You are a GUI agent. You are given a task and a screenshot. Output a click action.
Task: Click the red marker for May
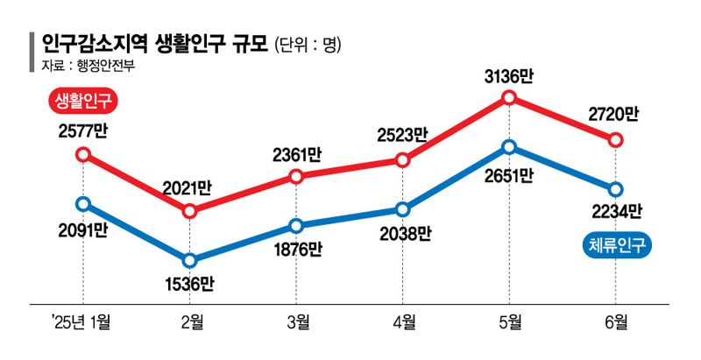[x=509, y=98]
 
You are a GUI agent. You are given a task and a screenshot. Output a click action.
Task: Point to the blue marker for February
[x=189, y=260]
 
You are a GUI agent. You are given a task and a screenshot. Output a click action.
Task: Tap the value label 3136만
[x=509, y=76]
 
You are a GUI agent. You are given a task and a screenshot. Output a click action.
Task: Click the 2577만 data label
[x=83, y=132]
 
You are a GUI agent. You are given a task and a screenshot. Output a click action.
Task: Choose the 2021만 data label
[x=189, y=188]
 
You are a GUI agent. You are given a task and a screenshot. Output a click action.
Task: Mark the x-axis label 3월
[x=296, y=321]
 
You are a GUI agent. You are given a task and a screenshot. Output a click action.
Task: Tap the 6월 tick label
[x=615, y=321]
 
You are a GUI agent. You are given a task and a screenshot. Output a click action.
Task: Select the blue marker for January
[x=83, y=203]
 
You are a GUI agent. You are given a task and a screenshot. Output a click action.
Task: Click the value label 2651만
[x=509, y=174]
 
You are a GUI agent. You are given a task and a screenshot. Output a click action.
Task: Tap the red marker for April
[x=402, y=159]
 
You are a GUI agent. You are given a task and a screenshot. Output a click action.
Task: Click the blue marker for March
[x=296, y=225]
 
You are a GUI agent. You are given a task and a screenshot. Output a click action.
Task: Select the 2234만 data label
[x=615, y=211]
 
